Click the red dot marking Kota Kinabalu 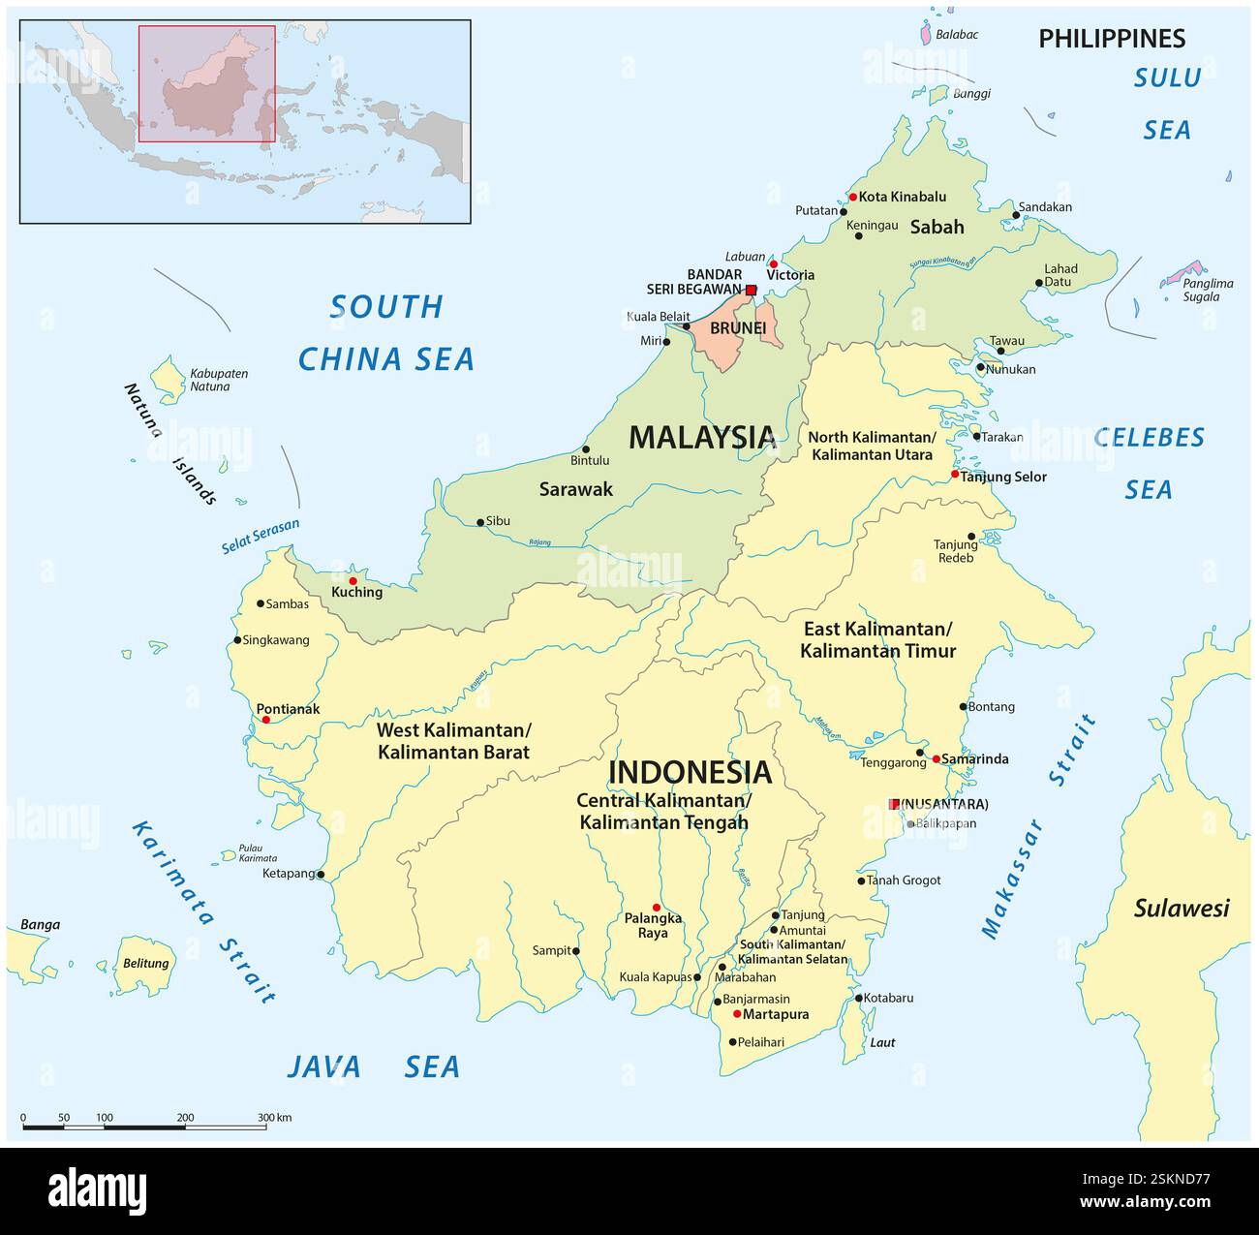click(852, 197)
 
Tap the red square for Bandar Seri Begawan click(751, 290)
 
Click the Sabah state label click(937, 227)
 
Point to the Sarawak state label click(575, 489)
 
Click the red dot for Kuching click(353, 581)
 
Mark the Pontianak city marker click(266, 720)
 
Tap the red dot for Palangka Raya click(657, 908)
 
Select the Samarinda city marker click(937, 758)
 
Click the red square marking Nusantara click(894, 804)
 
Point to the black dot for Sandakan click(1016, 215)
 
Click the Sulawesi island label click(1181, 908)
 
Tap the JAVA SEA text click(373, 1066)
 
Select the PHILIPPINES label click(1111, 39)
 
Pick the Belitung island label click(146, 964)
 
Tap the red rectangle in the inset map click(206, 83)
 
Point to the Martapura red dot click(737, 1014)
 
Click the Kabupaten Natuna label click(218, 380)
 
